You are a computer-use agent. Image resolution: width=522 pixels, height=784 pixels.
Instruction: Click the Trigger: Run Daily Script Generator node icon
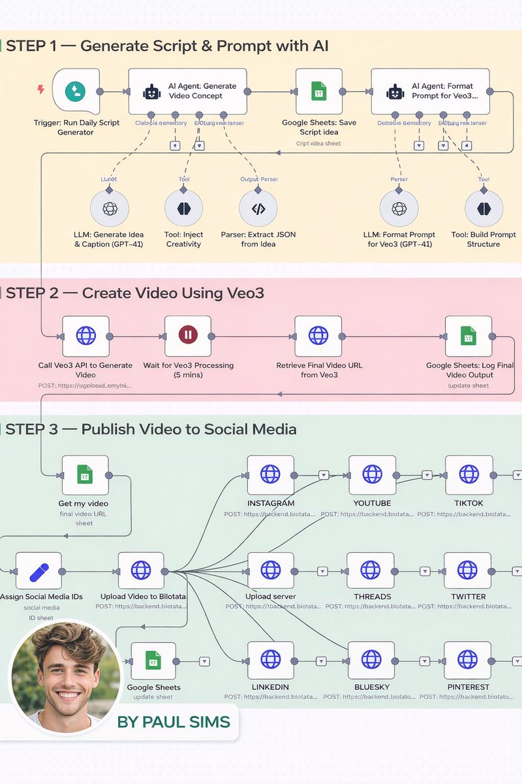[x=75, y=91]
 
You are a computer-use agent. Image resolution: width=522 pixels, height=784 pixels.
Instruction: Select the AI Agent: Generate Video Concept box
[x=187, y=91]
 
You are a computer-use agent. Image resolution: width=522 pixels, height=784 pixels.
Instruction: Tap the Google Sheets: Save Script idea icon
[x=318, y=91]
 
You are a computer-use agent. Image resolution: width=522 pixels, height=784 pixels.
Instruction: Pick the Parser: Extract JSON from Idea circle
[x=258, y=209]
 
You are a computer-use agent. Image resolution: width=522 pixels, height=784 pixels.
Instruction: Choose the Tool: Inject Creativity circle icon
[x=183, y=209]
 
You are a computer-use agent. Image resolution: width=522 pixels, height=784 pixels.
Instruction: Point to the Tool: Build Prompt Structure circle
[x=484, y=209]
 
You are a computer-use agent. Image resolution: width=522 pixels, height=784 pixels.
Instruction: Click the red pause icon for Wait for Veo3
[x=187, y=336]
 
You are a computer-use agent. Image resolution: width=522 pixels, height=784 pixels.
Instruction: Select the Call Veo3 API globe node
[x=85, y=336]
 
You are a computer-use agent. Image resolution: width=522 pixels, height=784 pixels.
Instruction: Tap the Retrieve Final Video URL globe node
[x=318, y=336]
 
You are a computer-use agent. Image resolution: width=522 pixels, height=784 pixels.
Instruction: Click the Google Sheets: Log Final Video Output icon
[x=468, y=336]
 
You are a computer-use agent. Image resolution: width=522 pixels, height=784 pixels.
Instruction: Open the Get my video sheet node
[x=85, y=476]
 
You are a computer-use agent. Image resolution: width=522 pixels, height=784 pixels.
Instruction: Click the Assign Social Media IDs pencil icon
[x=38, y=572]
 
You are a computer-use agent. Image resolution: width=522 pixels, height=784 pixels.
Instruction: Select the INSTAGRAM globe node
[x=270, y=475]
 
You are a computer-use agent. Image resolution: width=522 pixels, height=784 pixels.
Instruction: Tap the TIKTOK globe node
[x=468, y=475]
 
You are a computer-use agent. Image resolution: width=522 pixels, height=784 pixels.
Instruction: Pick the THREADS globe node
[x=370, y=570]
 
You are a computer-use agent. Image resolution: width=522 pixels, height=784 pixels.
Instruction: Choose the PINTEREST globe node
[x=467, y=661]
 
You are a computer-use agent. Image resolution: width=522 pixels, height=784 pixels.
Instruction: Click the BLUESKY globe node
[x=371, y=661]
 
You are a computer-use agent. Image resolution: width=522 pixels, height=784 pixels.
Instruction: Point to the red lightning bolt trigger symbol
[x=40, y=90]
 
